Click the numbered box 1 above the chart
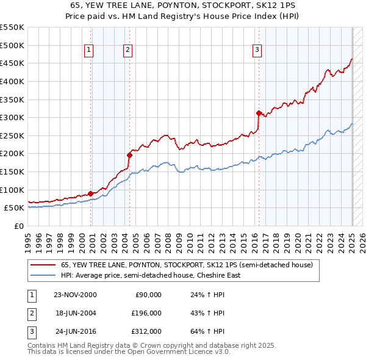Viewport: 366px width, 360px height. point(89,50)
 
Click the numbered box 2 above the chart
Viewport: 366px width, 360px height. point(127,50)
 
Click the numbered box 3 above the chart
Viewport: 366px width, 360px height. point(257,50)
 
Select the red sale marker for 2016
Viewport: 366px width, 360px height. point(259,113)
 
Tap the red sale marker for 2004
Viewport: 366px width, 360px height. point(129,155)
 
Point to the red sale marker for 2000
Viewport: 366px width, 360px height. point(91,193)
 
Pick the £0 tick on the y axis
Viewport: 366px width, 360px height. point(20,226)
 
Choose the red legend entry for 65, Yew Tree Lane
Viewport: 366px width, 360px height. point(187,265)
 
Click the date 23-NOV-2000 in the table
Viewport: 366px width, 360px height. point(75,295)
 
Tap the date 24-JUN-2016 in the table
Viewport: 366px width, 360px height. point(75,331)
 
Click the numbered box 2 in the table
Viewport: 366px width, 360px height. point(30,313)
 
